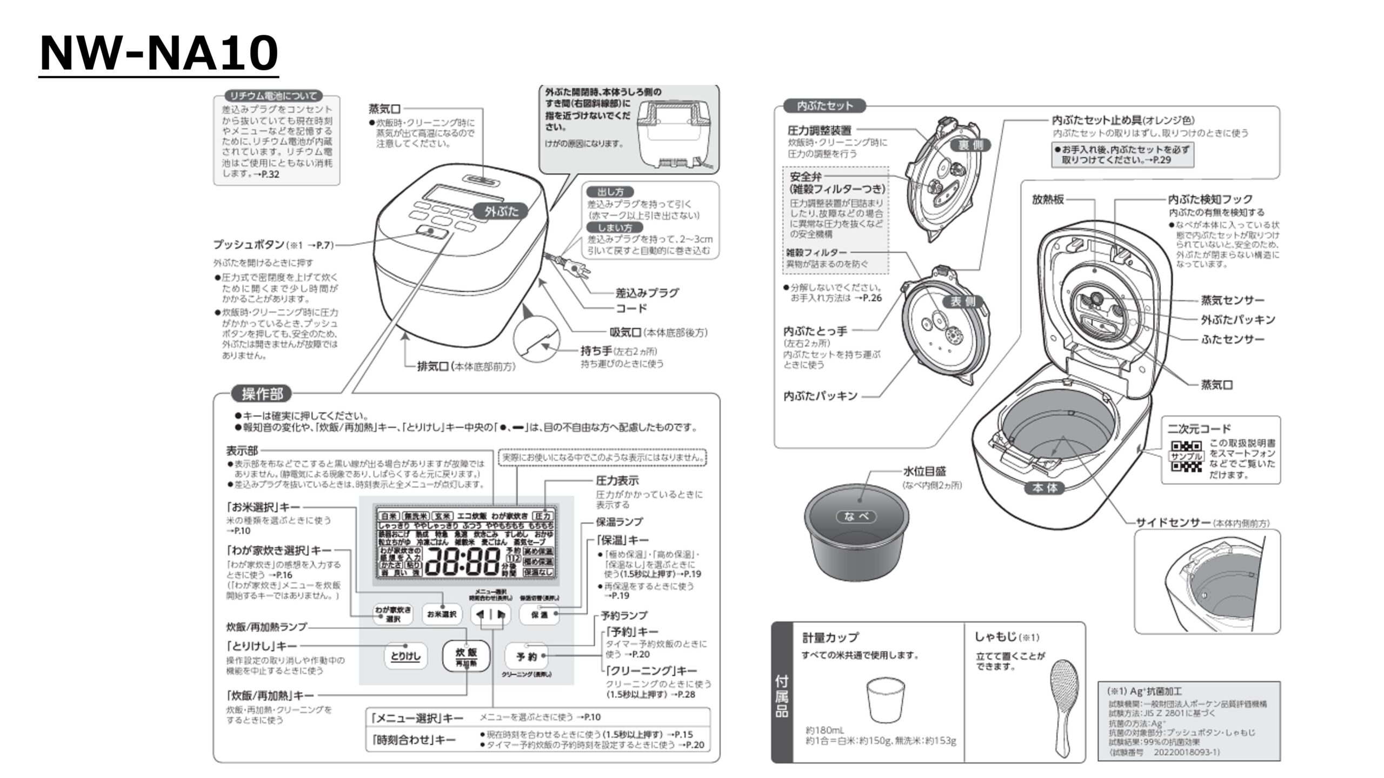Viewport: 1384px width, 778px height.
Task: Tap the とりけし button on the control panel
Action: pos(405,656)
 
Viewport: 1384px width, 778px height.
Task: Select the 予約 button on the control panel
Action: pos(526,656)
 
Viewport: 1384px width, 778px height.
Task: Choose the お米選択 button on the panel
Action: pos(441,614)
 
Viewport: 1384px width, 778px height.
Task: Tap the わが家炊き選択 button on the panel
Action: pos(393,614)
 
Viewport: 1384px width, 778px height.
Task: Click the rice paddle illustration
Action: pos(1064,705)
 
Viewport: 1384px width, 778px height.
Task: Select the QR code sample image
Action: pos(1187,457)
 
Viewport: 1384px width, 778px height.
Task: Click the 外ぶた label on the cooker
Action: pos(501,211)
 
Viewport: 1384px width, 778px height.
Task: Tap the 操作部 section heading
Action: pos(262,394)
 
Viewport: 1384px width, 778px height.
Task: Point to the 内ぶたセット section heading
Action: pos(824,106)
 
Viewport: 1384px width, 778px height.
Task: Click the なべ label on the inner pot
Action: pos(856,517)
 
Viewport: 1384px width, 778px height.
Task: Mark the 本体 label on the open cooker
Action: pos(1044,488)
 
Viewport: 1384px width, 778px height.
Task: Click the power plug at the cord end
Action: pos(575,267)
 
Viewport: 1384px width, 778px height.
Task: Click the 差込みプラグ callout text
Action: pos(647,293)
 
